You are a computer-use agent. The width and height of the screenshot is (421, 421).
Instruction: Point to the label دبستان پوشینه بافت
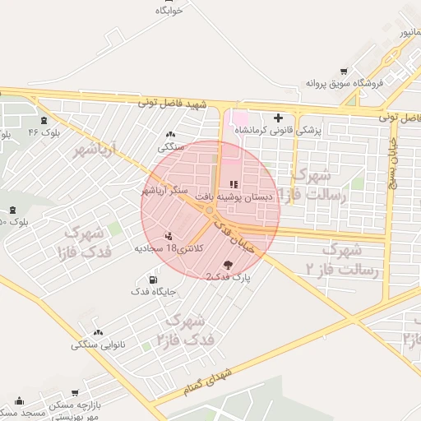(x=232, y=197)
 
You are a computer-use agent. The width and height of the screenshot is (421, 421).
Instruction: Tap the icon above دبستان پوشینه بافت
(x=234, y=184)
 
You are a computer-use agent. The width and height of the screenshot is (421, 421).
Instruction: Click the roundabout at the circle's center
(x=210, y=210)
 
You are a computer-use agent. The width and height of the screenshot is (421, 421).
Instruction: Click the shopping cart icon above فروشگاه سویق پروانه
(x=343, y=71)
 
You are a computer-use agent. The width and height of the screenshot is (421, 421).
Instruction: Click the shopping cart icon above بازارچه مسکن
(x=75, y=394)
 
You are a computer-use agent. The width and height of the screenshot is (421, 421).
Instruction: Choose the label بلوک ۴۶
(x=44, y=132)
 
